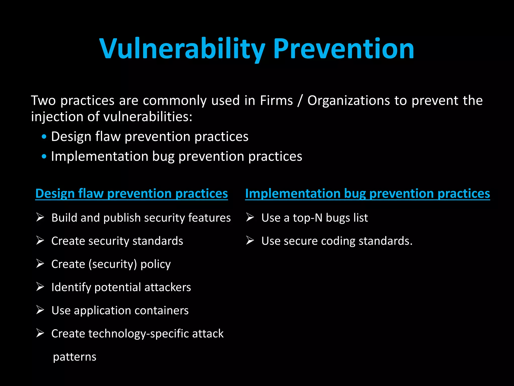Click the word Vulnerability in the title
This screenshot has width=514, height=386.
pyautogui.click(x=182, y=49)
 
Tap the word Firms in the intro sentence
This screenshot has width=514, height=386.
pyautogui.click(x=276, y=101)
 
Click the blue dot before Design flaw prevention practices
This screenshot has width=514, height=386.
pyautogui.click(x=44, y=137)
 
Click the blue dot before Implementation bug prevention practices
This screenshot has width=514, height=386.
pyautogui.click(x=44, y=157)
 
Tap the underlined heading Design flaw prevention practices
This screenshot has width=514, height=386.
pyautogui.click(x=132, y=194)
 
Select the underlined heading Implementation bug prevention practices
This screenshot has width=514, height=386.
pyautogui.click(x=367, y=194)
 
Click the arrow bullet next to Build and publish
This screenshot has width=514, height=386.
pyautogui.click(x=40, y=217)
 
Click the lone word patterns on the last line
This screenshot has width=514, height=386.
pyautogui.click(x=75, y=357)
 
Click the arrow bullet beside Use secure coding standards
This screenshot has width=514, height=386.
pyautogui.click(x=250, y=240)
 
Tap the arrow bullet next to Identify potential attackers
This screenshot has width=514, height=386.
pyautogui.click(x=40, y=287)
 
